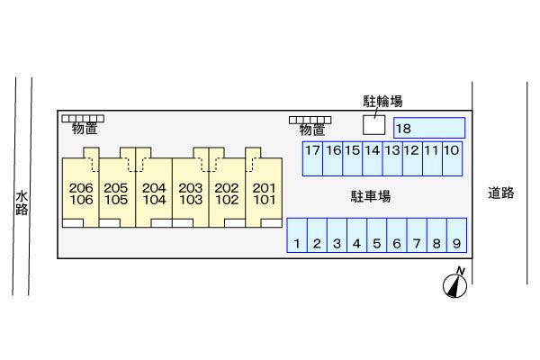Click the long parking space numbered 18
point(429,129)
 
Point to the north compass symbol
point(455,284)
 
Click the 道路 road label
point(501,192)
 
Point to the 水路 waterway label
point(22,202)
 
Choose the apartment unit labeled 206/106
point(80,193)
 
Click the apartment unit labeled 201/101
point(264,193)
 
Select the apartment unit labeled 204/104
point(154,193)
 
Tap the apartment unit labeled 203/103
point(190,193)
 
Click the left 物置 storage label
point(85,130)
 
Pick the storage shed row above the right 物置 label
point(309,119)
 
